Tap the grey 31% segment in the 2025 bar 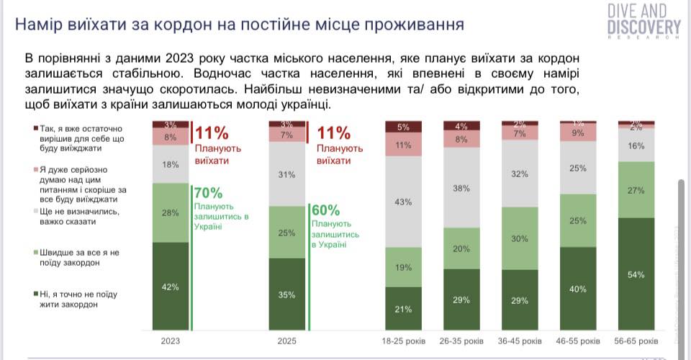pos(287,174)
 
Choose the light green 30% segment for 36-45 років pos(520,238)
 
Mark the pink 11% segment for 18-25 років pos(404,145)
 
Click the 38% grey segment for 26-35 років pos(462,187)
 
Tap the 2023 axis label pos(171,340)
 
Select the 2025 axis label pos(287,340)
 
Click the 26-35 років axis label pos(462,340)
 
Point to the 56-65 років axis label pos(637,340)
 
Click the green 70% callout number pos(209,193)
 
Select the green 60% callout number pos(326,211)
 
